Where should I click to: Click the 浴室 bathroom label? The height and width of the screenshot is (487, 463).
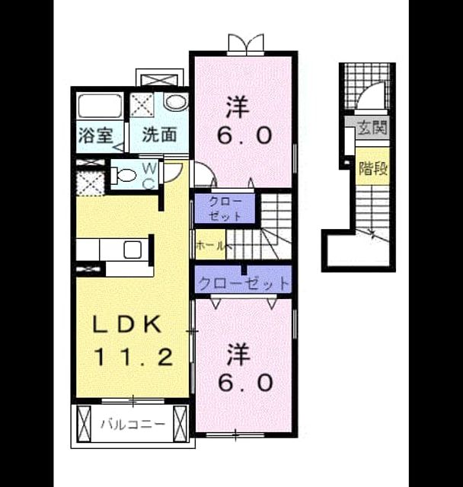coord(95,135)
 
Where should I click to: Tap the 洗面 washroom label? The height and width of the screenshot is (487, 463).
coord(160,135)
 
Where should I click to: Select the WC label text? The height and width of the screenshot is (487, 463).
coord(149,176)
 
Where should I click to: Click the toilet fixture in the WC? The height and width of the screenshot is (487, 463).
coord(123,175)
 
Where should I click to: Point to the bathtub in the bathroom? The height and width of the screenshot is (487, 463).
coord(100,106)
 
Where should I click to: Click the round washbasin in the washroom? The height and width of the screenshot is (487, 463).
coord(176,102)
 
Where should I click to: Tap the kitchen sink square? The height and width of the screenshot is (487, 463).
coord(133,250)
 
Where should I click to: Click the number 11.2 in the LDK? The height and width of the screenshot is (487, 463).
coord(133,357)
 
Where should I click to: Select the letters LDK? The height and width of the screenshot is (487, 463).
coord(127,324)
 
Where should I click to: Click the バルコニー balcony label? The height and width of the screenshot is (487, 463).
coord(133,425)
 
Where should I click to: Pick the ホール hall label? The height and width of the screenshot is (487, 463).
coord(210,246)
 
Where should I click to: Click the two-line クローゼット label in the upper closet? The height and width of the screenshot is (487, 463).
coord(225,208)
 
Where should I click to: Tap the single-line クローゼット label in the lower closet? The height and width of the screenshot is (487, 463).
coord(244,283)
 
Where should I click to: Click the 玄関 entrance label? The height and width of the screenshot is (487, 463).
coord(372,127)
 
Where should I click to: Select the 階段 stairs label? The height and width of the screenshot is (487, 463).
coord(373,169)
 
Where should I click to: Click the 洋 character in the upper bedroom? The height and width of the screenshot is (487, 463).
coord(238,107)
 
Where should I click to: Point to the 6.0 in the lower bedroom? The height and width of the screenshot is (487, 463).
coord(245,382)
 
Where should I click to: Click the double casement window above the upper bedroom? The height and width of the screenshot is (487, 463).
coord(245,44)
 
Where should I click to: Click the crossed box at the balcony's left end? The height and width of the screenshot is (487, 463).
coord(84,423)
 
